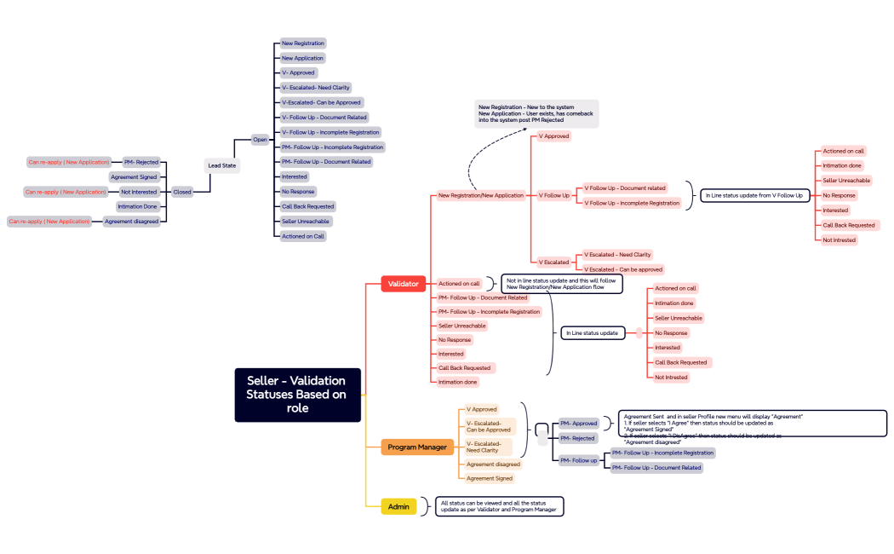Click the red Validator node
[x=403, y=284]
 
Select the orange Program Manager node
[x=417, y=447]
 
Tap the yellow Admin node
[x=398, y=506]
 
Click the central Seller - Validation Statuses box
[x=297, y=394]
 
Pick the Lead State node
[x=222, y=165]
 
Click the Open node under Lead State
[x=260, y=140]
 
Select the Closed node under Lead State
[x=182, y=192]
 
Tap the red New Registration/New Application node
[x=480, y=195]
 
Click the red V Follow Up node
[x=553, y=195]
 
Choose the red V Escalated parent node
[x=553, y=262]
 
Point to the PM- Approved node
[x=578, y=424]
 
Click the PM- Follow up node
[x=578, y=460]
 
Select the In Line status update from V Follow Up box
[x=754, y=195]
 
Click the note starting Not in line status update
[x=561, y=284]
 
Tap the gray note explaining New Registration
[x=536, y=113]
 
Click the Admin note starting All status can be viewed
[x=499, y=506]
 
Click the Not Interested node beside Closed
[x=138, y=192]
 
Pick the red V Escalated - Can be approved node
[x=622, y=269]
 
